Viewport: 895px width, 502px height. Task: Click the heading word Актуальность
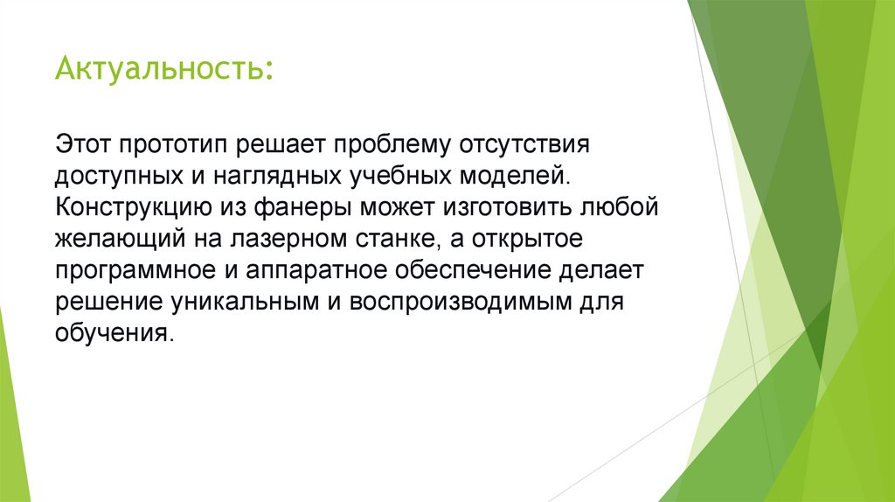point(163,67)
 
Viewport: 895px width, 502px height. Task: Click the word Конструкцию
point(131,209)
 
